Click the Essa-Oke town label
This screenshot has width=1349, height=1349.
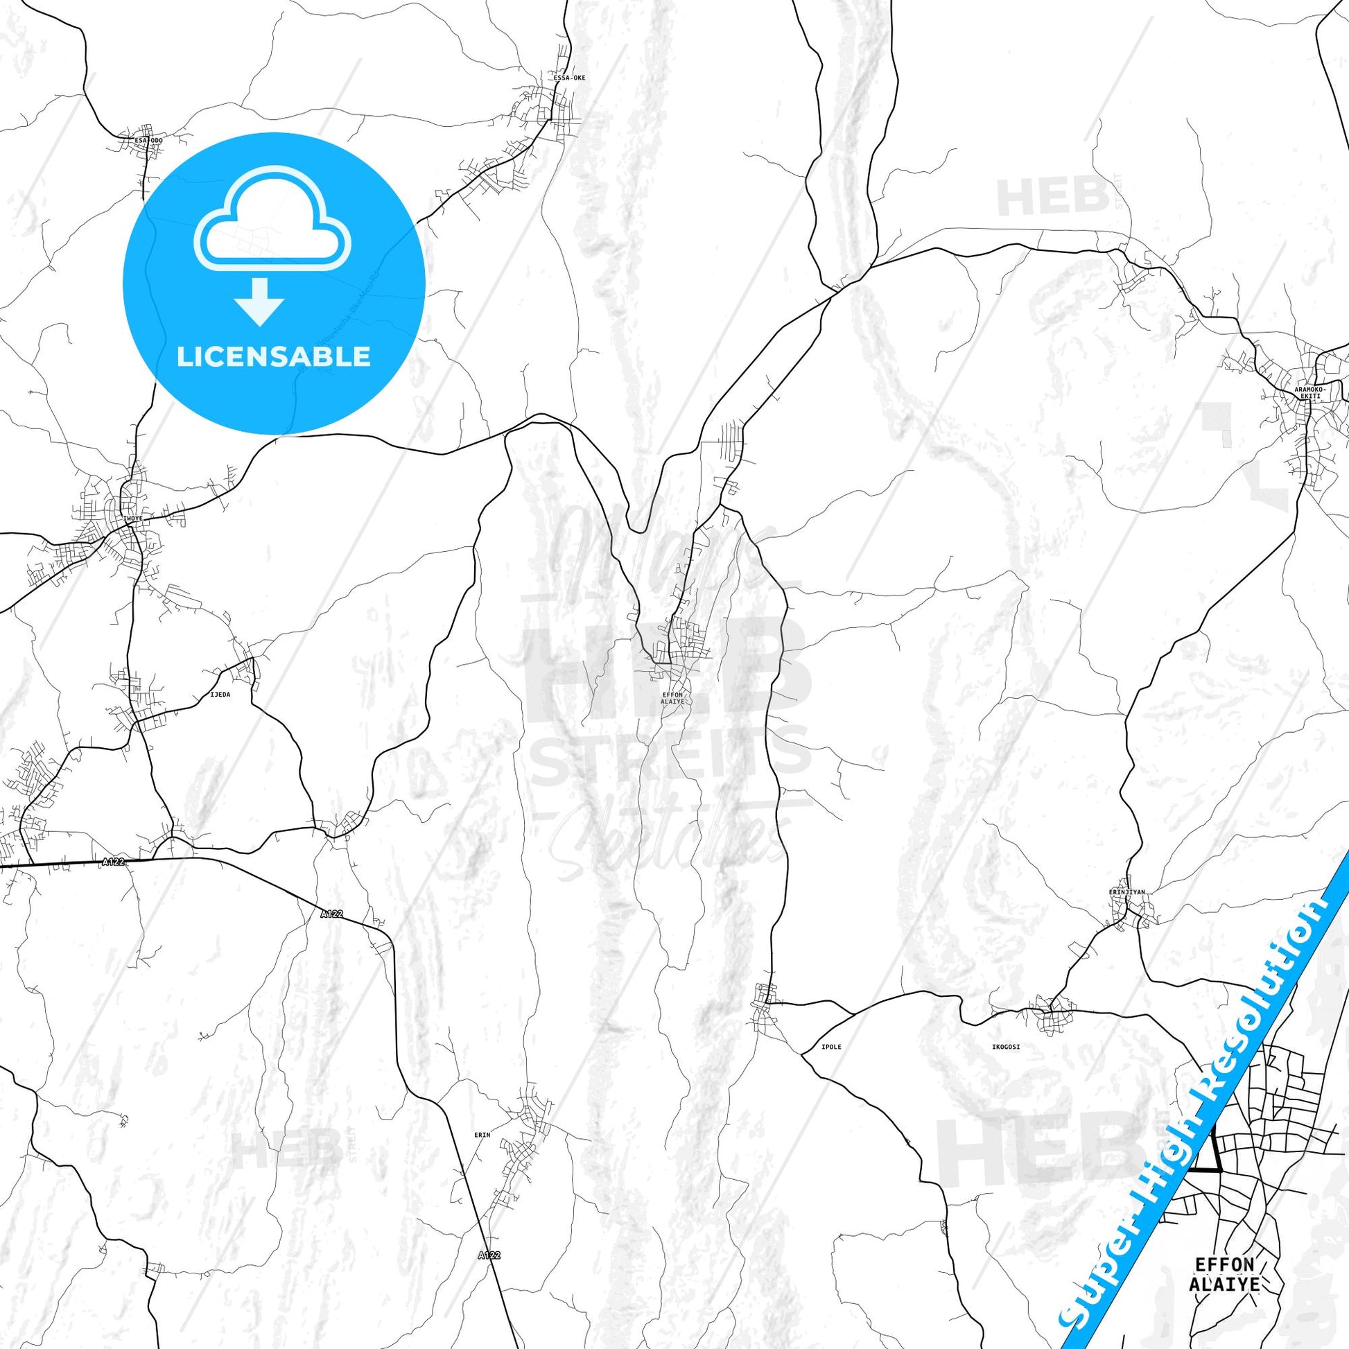coord(569,78)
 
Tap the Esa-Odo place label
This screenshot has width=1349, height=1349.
coord(148,140)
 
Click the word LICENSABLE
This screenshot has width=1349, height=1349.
coord(274,357)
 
